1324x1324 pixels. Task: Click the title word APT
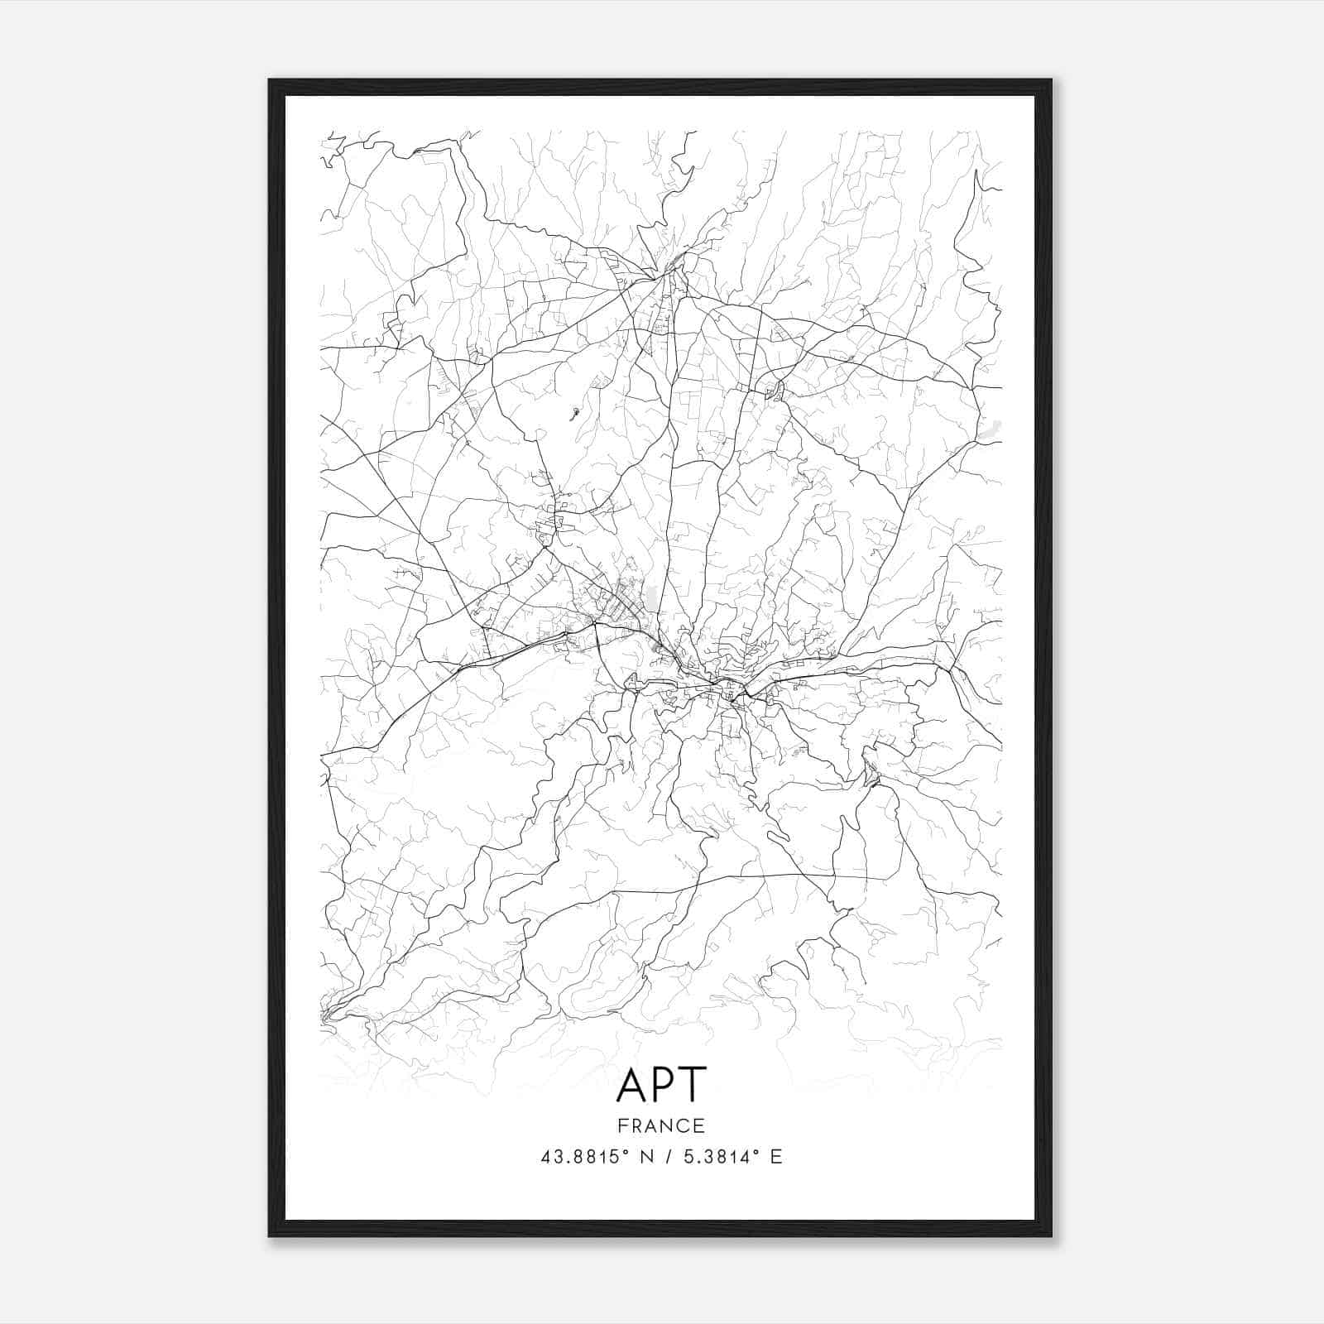(661, 1085)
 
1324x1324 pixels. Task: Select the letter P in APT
(664, 1085)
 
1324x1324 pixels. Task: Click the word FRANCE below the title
(661, 1125)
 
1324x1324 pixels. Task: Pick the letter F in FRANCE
(621, 1125)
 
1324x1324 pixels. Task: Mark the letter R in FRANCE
(636, 1125)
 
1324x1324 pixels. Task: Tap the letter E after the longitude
(776, 1157)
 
